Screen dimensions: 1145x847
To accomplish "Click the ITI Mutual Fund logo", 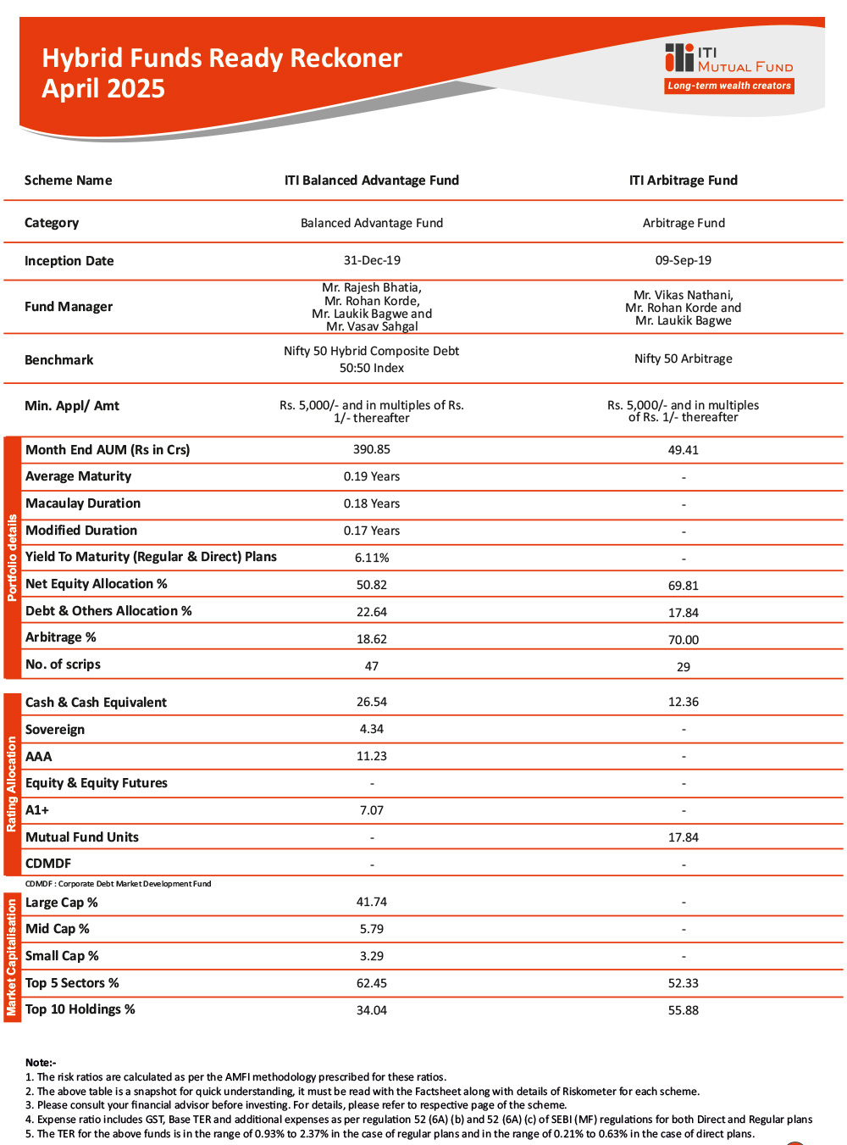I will coord(728,58).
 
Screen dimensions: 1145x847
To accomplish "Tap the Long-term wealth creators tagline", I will coord(729,86).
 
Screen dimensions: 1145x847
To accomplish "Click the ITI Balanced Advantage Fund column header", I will coord(372,181).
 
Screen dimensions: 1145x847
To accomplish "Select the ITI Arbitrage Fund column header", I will coord(684,181).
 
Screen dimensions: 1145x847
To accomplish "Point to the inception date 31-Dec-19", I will coord(372,260).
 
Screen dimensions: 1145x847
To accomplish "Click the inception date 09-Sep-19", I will coord(684,260).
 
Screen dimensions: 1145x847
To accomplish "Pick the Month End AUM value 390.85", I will coord(372,449).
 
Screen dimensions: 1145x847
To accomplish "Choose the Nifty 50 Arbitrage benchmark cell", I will coord(684,359).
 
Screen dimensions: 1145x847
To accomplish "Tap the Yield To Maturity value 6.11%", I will coord(372,558).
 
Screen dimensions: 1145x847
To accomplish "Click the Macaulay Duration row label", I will coord(83,503).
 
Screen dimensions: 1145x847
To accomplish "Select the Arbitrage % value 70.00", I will coord(684,640).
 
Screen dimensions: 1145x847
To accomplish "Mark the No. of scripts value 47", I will coord(372,666).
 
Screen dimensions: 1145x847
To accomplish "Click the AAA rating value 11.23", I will coord(372,756).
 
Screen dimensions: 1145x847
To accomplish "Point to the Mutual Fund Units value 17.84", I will coord(684,837).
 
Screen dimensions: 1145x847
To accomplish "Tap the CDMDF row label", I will coord(48,864).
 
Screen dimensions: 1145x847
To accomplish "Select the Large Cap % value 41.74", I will coord(372,902).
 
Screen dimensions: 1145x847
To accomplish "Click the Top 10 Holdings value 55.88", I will coord(684,1010).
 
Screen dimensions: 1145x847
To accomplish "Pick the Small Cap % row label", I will coord(62,956).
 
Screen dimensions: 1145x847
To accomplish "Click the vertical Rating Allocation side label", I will coord(12,784).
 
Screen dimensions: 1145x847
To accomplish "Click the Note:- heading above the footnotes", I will coord(41,1063).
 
